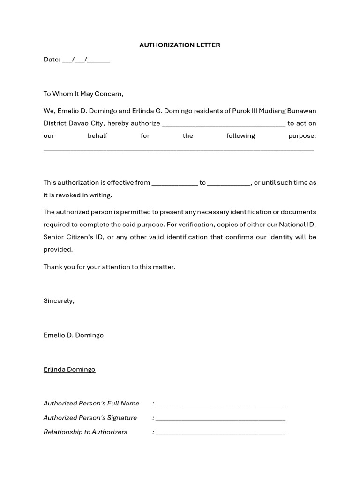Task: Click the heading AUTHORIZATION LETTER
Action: point(180,45)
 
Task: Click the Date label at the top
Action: point(52,60)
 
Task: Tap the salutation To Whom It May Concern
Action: point(83,94)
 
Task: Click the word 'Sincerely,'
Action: point(59,301)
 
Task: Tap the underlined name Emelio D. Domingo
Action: point(74,335)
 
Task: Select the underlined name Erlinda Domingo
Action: point(69,369)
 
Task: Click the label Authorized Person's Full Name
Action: point(91,404)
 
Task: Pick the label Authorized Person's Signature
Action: point(90,418)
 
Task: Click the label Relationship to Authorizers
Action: point(85,432)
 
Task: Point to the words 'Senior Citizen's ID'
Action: point(74,237)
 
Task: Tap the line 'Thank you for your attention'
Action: point(109,267)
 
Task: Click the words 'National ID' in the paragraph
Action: point(299,225)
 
